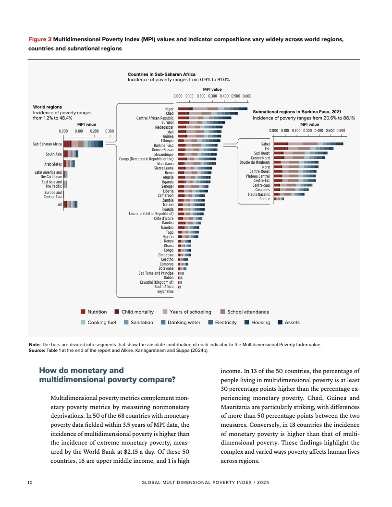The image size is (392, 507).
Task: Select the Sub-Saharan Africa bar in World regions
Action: click(x=83, y=144)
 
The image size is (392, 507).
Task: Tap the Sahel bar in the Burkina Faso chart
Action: click(x=308, y=144)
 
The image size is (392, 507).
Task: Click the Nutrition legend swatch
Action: click(x=83, y=312)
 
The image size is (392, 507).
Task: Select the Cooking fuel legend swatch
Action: click(x=83, y=322)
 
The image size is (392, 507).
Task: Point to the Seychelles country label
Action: click(x=165, y=291)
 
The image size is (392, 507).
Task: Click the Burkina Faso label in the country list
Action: click(x=163, y=145)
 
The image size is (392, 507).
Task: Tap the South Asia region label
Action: click(x=54, y=154)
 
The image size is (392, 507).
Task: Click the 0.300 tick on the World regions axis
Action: click(x=109, y=131)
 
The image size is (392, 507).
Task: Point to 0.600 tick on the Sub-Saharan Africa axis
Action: click(x=247, y=96)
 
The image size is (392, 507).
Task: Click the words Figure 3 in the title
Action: click(x=40, y=39)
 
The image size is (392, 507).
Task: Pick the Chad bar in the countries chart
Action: click(x=208, y=113)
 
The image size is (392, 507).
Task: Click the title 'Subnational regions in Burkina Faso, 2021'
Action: click(x=297, y=111)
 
